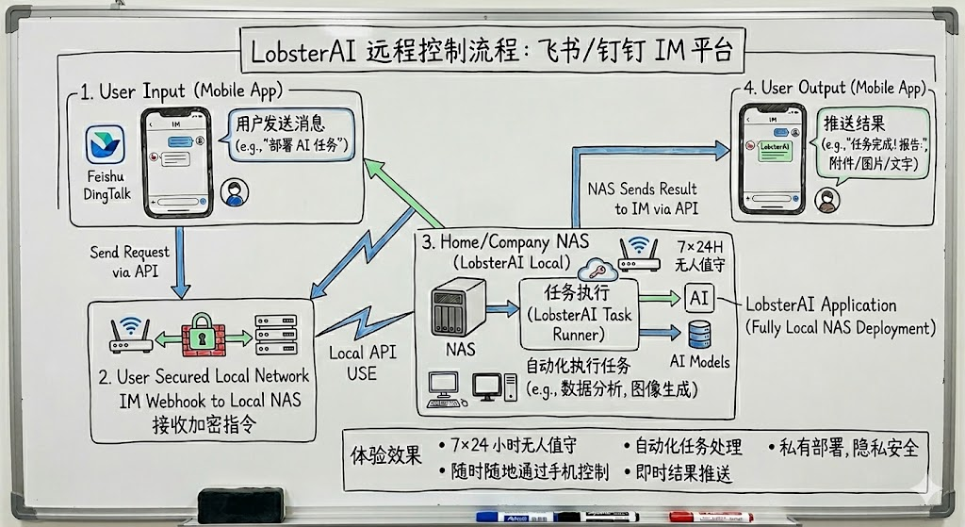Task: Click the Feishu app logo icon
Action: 106,145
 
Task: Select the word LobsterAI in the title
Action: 303,49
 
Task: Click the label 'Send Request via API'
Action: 130,261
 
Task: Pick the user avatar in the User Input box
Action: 233,192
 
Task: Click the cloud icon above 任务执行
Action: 597,267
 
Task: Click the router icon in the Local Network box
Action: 131,336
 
